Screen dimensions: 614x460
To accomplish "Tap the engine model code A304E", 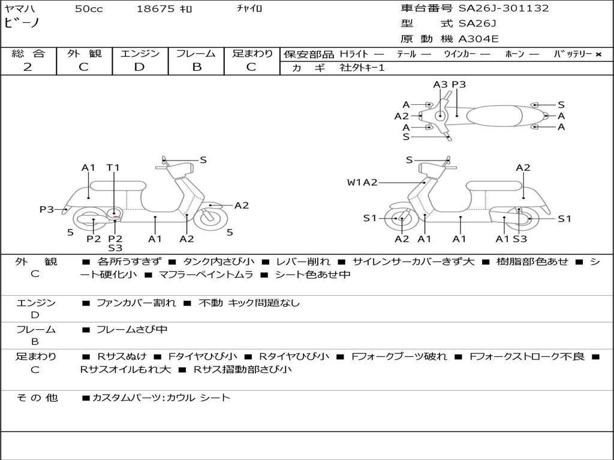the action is pyautogui.click(x=478, y=39).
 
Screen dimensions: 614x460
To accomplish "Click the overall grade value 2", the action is pyautogui.click(x=28, y=67).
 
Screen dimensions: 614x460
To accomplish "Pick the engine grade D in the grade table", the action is pyautogui.click(x=139, y=67).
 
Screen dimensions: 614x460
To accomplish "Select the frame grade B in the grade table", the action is pyautogui.click(x=197, y=67).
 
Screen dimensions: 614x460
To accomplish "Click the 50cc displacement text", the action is pyautogui.click(x=89, y=9).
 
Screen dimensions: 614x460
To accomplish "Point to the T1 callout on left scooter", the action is pyautogui.click(x=113, y=168).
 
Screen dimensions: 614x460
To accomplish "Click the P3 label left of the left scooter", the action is pyautogui.click(x=47, y=210).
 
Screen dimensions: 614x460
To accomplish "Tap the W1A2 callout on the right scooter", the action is pyautogui.click(x=362, y=183).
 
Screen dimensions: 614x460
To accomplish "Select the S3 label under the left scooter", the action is pyautogui.click(x=115, y=248).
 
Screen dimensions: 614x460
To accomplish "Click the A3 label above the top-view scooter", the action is pyautogui.click(x=441, y=84).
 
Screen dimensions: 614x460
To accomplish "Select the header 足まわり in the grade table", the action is pyautogui.click(x=252, y=54).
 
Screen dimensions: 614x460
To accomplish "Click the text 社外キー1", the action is pyautogui.click(x=363, y=68).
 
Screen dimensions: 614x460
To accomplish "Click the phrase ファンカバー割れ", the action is pyautogui.click(x=136, y=303).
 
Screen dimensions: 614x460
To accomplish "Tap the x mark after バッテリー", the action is pyautogui.click(x=598, y=55).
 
